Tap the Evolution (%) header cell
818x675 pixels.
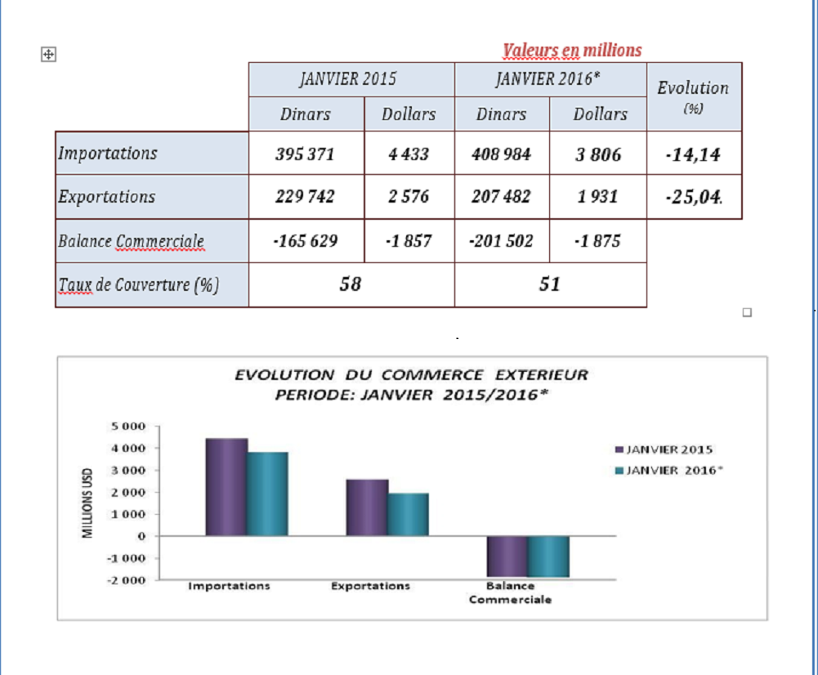(693, 95)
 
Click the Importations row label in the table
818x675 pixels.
(108, 153)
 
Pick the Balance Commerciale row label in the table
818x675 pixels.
(131, 241)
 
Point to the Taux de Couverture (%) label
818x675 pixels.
(139, 284)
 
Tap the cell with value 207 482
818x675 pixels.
(501, 197)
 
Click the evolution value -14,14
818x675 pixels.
(693, 154)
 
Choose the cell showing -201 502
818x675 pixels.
(501, 241)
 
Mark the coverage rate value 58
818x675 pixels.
(350, 284)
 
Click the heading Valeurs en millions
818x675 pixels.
(572, 51)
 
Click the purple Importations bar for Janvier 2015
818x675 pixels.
(226, 487)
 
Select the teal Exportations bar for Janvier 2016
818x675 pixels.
(408, 514)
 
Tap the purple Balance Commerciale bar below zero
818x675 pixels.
(507, 557)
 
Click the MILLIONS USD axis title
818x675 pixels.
(87, 503)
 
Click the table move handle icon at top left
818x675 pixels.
(47, 54)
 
